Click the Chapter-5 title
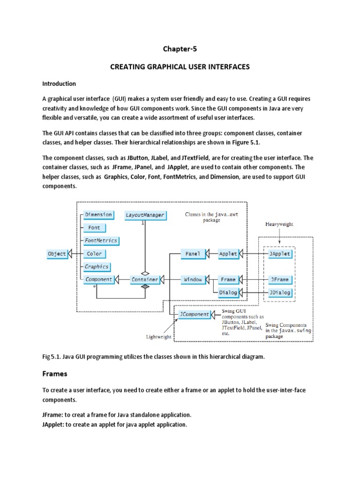click(180, 49)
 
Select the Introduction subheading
click(59, 84)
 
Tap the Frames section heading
click(55, 374)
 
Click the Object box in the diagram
click(57, 254)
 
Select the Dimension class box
click(98, 215)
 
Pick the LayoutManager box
click(145, 215)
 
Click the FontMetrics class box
click(100, 240)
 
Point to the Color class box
click(94, 254)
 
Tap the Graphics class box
click(97, 267)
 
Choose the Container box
click(144, 279)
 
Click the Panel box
click(193, 254)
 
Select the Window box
click(193, 279)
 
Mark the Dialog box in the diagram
click(228, 292)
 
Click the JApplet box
click(280, 254)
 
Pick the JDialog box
click(280, 292)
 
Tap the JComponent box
click(194, 315)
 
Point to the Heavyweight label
click(279, 224)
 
